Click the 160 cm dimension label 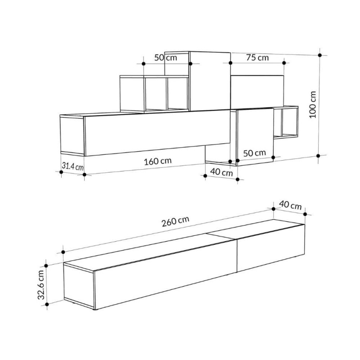click(x=158, y=162)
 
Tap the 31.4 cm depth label click(x=72, y=166)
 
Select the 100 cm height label click(x=313, y=105)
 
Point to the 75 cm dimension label click(x=257, y=58)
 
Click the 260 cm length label click(x=175, y=221)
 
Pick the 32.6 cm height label click(x=41, y=285)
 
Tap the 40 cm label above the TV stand click(x=290, y=205)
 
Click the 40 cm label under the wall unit click(x=221, y=172)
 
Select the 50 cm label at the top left click(x=166, y=58)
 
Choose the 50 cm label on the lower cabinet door click(x=254, y=153)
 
